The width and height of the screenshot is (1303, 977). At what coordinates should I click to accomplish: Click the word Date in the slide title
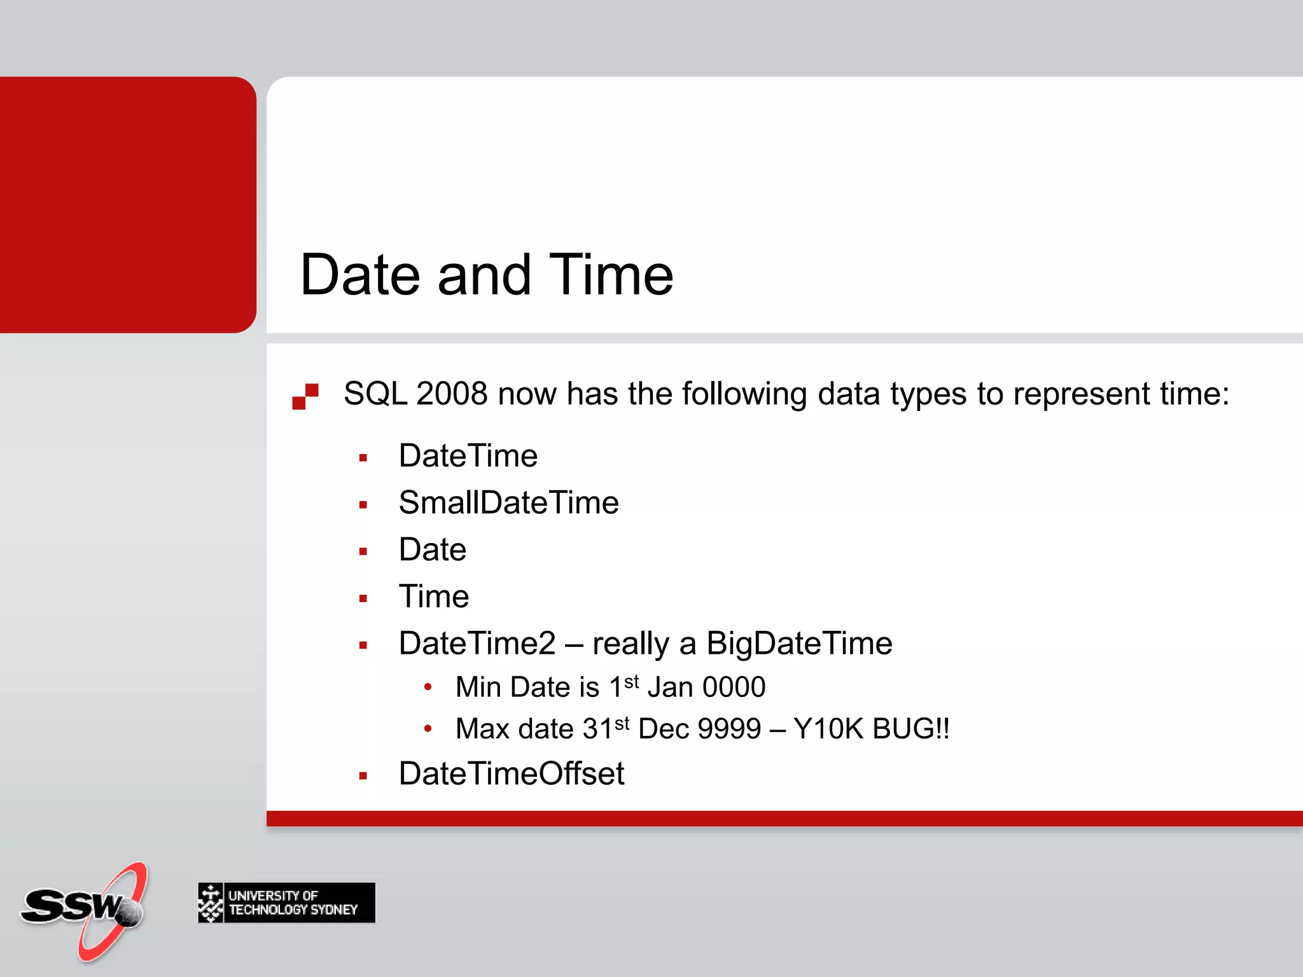[x=360, y=275]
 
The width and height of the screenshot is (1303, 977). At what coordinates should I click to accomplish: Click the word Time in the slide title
[x=610, y=275]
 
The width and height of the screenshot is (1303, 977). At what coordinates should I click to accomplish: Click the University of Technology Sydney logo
[x=286, y=902]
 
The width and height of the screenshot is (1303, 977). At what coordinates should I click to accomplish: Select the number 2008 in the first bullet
[x=452, y=394]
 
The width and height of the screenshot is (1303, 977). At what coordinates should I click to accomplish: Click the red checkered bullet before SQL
[x=305, y=396]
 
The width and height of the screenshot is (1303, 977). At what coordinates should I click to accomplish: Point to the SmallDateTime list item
[x=508, y=503]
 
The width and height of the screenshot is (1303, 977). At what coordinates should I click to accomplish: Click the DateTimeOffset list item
[x=511, y=774]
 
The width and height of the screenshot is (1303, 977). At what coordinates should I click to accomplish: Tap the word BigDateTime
[x=799, y=644]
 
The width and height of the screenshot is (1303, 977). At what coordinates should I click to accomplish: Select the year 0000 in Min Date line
[x=734, y=688]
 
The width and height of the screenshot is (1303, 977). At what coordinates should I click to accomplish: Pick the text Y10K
[x=829, y=729]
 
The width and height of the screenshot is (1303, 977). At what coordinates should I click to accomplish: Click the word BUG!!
[x=910, y=729]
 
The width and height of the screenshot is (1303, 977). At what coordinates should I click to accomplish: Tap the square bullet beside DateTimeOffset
[x=363, y=776]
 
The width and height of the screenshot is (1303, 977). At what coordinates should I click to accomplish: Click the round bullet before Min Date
[x=428, y=687]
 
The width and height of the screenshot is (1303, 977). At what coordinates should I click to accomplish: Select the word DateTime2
[x=477, y=644]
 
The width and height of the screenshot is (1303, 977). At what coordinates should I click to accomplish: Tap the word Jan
[x=670, y=688]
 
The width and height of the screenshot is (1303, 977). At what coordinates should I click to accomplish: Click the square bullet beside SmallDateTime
[x=363, y=505]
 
